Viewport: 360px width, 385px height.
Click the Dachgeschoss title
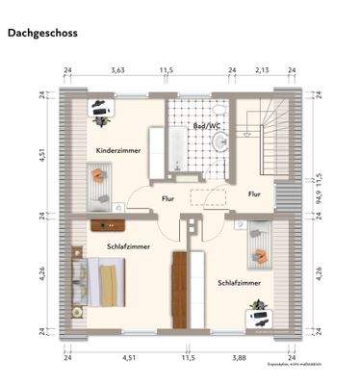42,33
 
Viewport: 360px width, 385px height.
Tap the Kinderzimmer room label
119,151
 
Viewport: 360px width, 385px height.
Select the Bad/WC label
207,126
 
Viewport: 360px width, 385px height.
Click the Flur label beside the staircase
254,193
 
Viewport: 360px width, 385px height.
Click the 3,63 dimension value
117,70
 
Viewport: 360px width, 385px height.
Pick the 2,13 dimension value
262,70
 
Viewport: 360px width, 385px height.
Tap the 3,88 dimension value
240,358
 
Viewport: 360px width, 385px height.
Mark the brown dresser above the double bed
110,224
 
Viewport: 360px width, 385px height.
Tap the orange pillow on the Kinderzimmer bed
96,175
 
